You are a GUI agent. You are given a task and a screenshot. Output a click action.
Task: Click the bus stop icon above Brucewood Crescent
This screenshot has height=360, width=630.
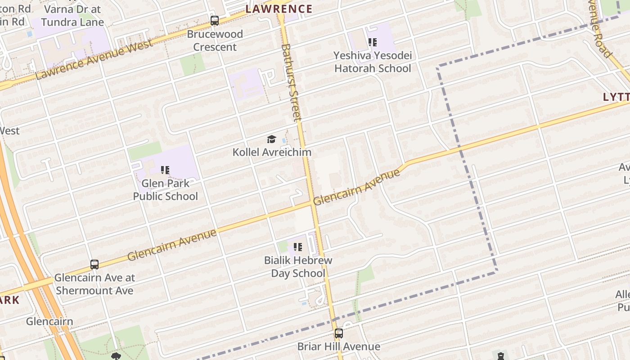[215, 21]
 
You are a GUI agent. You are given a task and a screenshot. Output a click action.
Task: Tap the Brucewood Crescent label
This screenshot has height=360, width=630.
[215, 40]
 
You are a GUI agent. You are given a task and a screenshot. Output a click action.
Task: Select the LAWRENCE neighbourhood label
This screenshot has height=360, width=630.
[279, 9]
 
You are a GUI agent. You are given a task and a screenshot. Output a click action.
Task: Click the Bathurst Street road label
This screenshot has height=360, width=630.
[291, 82]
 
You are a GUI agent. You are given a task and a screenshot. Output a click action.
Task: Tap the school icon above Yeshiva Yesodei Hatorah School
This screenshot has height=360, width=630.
[372, 42]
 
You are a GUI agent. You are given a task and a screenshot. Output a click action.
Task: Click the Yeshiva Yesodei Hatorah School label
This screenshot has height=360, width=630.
[372, 62]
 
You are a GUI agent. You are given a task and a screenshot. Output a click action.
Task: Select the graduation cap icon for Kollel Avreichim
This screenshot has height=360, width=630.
[271, 139]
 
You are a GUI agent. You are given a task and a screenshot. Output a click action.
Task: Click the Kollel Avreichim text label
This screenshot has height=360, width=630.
[272, 152]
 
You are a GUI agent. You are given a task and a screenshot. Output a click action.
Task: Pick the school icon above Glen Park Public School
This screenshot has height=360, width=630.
[165, 170]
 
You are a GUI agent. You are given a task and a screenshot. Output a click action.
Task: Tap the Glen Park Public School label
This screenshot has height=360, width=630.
[165, 190]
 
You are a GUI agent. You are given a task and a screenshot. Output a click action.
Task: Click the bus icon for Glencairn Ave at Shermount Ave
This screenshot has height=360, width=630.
[94, 265]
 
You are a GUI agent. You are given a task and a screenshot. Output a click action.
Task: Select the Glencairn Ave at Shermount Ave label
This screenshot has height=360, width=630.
[94, 284]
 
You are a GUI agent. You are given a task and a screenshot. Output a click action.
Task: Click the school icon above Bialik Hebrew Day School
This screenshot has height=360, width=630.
[297, 247]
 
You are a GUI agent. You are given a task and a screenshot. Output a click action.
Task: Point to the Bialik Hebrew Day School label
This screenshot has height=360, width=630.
[298, 267]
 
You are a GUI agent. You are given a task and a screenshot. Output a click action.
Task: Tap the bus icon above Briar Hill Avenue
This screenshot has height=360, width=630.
[338, 333]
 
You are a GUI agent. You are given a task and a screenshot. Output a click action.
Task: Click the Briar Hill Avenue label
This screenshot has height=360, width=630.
[338, 346]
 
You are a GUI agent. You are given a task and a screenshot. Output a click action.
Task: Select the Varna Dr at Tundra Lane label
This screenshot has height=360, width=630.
[72, 15]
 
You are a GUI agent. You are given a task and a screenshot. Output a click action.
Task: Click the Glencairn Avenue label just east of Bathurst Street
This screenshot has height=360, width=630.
[356, 188]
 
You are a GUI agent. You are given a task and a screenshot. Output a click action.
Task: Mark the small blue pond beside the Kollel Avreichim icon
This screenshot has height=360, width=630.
[283, 141]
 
